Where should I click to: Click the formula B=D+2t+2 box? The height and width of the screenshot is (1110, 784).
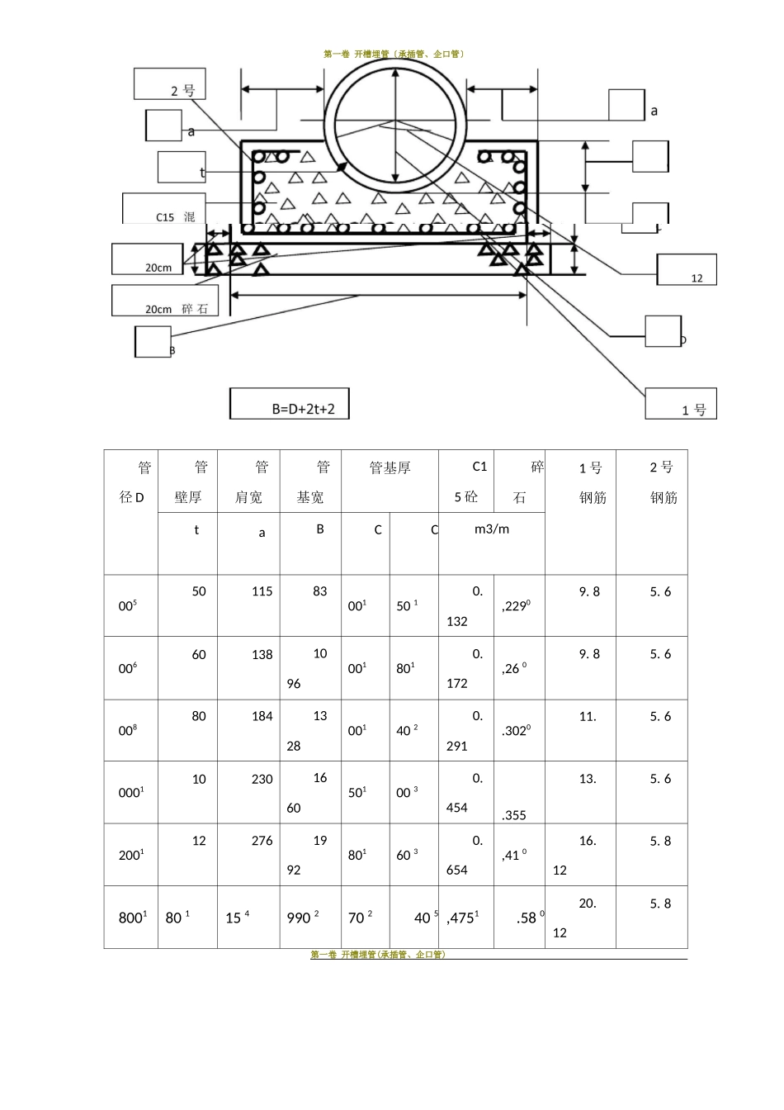pyautogui.click(x=289, y=405)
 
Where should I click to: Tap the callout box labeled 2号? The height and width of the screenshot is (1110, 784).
pyautogui.click(x=170, y=84)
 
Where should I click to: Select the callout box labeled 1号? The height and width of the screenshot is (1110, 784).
pyautogui.click(x=681, y=404)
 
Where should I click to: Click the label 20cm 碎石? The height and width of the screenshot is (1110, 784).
pyautogui.click(x=166, y=301)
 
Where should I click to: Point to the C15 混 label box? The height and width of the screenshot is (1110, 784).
pyautogui.click(x=163, y=209)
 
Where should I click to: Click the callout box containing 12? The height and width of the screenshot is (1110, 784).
pyautogui.click(x=687, y=270)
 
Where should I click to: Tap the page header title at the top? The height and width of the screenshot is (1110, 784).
pyautogui.click(x=394, y=54)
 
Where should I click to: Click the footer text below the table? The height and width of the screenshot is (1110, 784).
pyautogui.click(x=377, y=955)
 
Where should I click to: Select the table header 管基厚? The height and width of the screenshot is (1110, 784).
pyautogui.click(x=390, y=468)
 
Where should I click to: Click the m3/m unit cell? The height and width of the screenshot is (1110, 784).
pyautogui.click(x=492, y=529)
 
